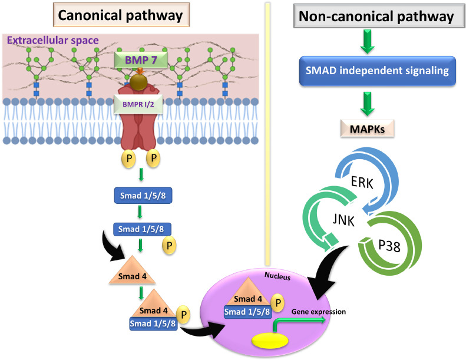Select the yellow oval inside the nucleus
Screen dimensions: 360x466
coord(271,341)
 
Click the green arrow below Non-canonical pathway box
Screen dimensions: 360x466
coord(376,40)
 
